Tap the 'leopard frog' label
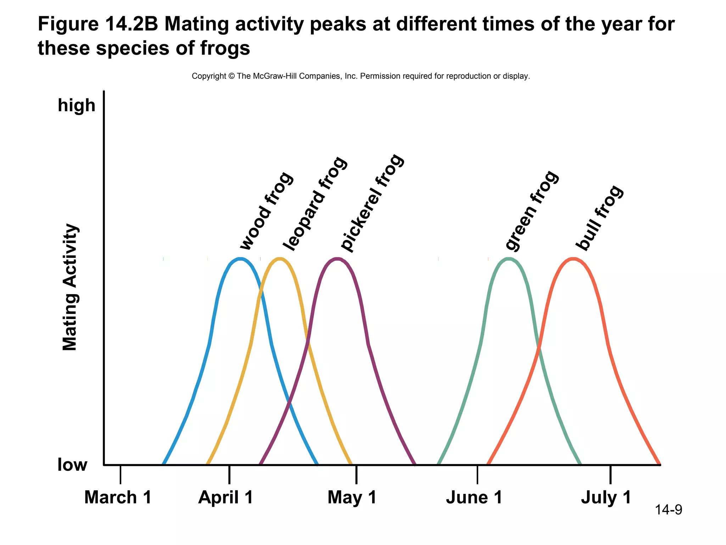[315, 204]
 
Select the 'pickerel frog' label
[372, 203]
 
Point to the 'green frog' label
[532, 211]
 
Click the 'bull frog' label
[599, 218]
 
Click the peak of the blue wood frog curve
[241, 259]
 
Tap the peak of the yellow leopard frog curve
[280, 259]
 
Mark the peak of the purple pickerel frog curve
[337, 259]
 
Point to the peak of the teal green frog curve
[509, 259]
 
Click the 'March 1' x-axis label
[118, 497]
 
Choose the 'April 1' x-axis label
[226, 497]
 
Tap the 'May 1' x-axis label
[352, 497]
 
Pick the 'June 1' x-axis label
[474, 497]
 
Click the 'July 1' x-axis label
[606, 497]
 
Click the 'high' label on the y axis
[77, 106]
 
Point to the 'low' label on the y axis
[72, 465]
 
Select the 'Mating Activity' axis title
[70, 287]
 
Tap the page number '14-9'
[668, 510]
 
